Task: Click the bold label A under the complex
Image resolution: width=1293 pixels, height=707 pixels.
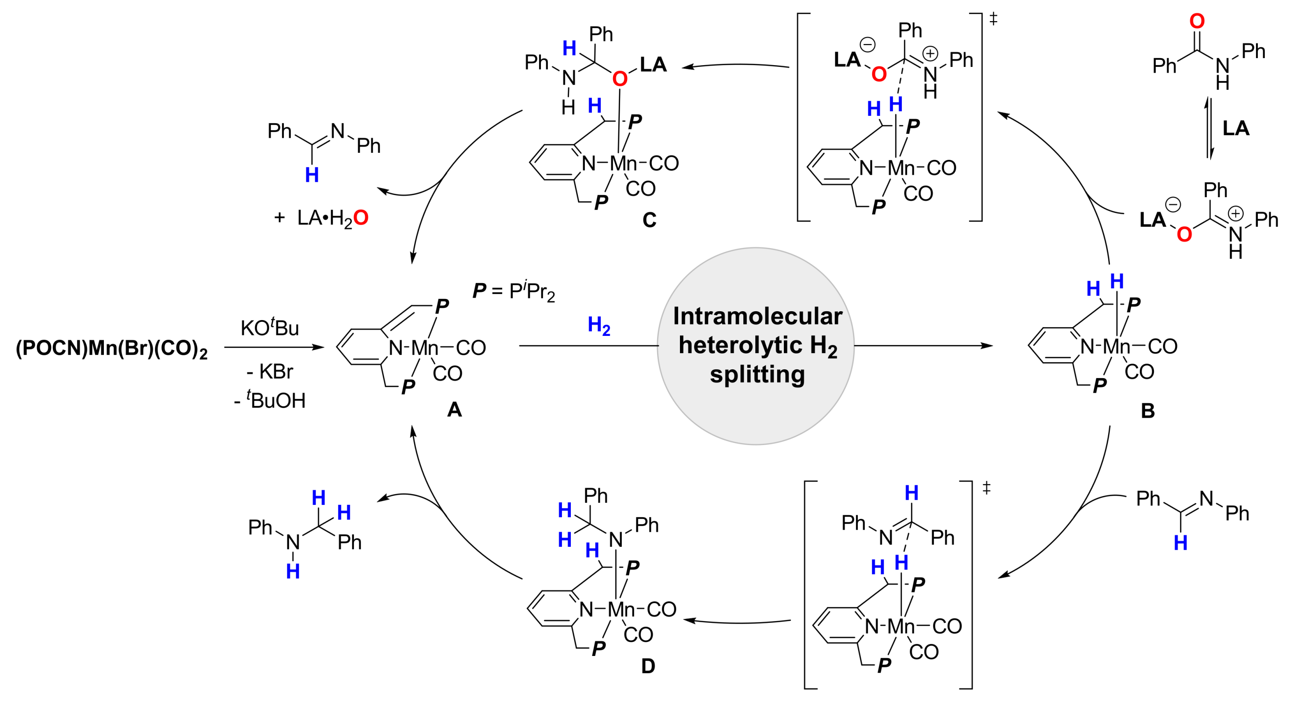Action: pyautogui.click(x=454, y=410)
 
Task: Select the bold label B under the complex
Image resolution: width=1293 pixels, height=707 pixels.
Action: pyautogui.click(x=1147, y=411)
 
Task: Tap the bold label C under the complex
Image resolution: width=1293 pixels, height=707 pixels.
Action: pyautogui.click(x=649, y=220)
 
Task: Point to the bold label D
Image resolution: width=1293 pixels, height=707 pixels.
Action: pyautogui.click(x=648, y=666)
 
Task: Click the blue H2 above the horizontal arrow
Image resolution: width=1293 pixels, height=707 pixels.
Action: pyautogui.click(x=599, y=326)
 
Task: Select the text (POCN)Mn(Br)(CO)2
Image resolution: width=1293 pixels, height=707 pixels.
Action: pyautogui.click(x=111, y=349)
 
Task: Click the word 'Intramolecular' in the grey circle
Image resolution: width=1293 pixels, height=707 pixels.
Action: pyautogui.click(x=757, y=317)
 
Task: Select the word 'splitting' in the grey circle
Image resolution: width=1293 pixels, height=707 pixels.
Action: pyautogui.click(x=757, y=375)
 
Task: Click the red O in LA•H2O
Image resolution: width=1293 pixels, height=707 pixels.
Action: pyautogui.click(x=361, y=218)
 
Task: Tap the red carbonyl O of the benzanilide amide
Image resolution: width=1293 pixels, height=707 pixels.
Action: pyautogui.click(x=1197, y=21)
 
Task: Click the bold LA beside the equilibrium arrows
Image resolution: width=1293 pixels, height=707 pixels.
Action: pyautogui.click(x=1236, y=129)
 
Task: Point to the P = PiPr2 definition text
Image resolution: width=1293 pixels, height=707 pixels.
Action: pyautogui.click(x=514, y=291)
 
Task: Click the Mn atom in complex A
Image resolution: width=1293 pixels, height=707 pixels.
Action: pyautogui.click(x=425, y=348)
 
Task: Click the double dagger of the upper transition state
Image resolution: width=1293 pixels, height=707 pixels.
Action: pyautogui.click(x=993, y=19)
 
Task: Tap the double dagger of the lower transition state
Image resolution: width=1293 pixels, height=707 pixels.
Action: pyautogui.click(x=986, y=488)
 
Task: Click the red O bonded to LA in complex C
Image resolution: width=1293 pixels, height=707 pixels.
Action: pyautogui.click(x=620, y=79)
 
